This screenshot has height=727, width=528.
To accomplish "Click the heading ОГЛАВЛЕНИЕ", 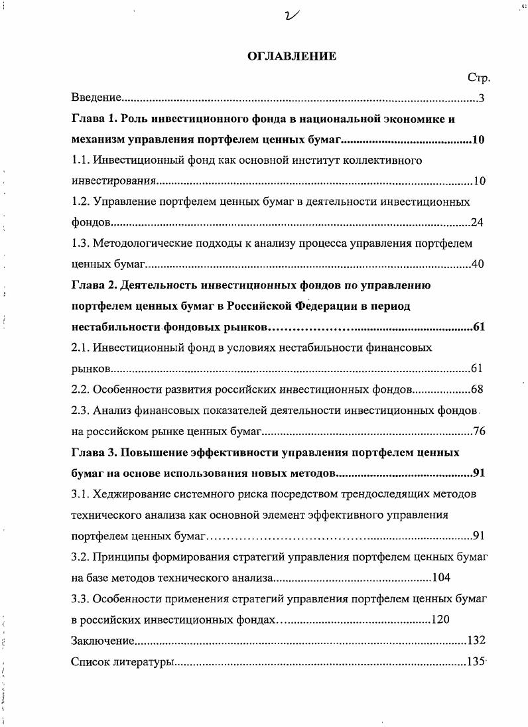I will pos(292,56).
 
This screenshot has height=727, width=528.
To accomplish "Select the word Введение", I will pos(96,98).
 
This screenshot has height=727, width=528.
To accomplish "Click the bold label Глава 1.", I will pos(94,119).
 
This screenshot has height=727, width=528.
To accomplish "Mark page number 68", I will pos(478,389).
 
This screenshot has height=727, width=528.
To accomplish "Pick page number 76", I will pos(479,431).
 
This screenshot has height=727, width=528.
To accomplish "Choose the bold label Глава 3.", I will pos(94,452).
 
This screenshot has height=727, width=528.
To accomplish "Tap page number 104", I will pos(440,577).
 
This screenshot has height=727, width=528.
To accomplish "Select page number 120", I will pos(440,620).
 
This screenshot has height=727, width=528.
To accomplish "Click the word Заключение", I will pos(103,640).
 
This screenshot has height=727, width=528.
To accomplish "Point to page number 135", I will pos(476,661).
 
